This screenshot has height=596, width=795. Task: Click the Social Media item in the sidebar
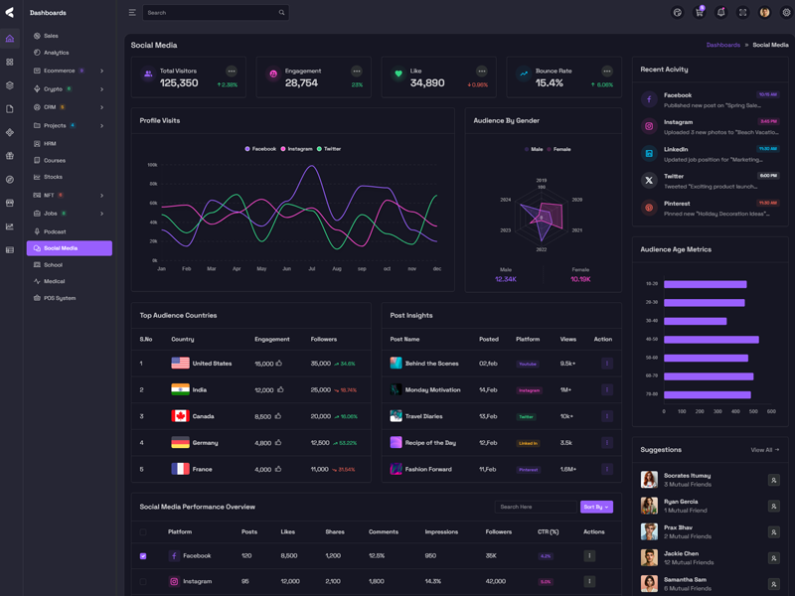(61, 248)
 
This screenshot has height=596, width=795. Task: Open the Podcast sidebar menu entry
(55, 231)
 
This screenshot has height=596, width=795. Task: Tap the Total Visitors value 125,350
(179, 83)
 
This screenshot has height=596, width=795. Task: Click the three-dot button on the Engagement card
(357, 72)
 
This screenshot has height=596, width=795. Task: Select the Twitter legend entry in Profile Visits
(329, 149)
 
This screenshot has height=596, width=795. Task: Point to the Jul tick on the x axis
(312, 268)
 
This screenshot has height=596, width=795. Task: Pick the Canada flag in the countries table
(180, 416)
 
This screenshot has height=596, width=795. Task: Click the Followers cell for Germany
(321, 443)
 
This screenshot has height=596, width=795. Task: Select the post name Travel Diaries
(424, 416)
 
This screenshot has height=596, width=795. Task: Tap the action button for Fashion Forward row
(607, 469)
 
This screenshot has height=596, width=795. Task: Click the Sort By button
(596, 507)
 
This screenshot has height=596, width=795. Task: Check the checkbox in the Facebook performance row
(143, 556)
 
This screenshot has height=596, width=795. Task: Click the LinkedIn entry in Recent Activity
(676, 149)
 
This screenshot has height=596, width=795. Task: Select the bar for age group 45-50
(711, 340)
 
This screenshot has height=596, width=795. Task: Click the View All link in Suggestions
(764, 450)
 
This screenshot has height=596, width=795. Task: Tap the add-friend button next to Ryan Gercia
(774, 507)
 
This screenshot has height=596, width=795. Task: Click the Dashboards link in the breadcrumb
(723, 45)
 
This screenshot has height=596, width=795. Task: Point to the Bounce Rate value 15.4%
(550, 83)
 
